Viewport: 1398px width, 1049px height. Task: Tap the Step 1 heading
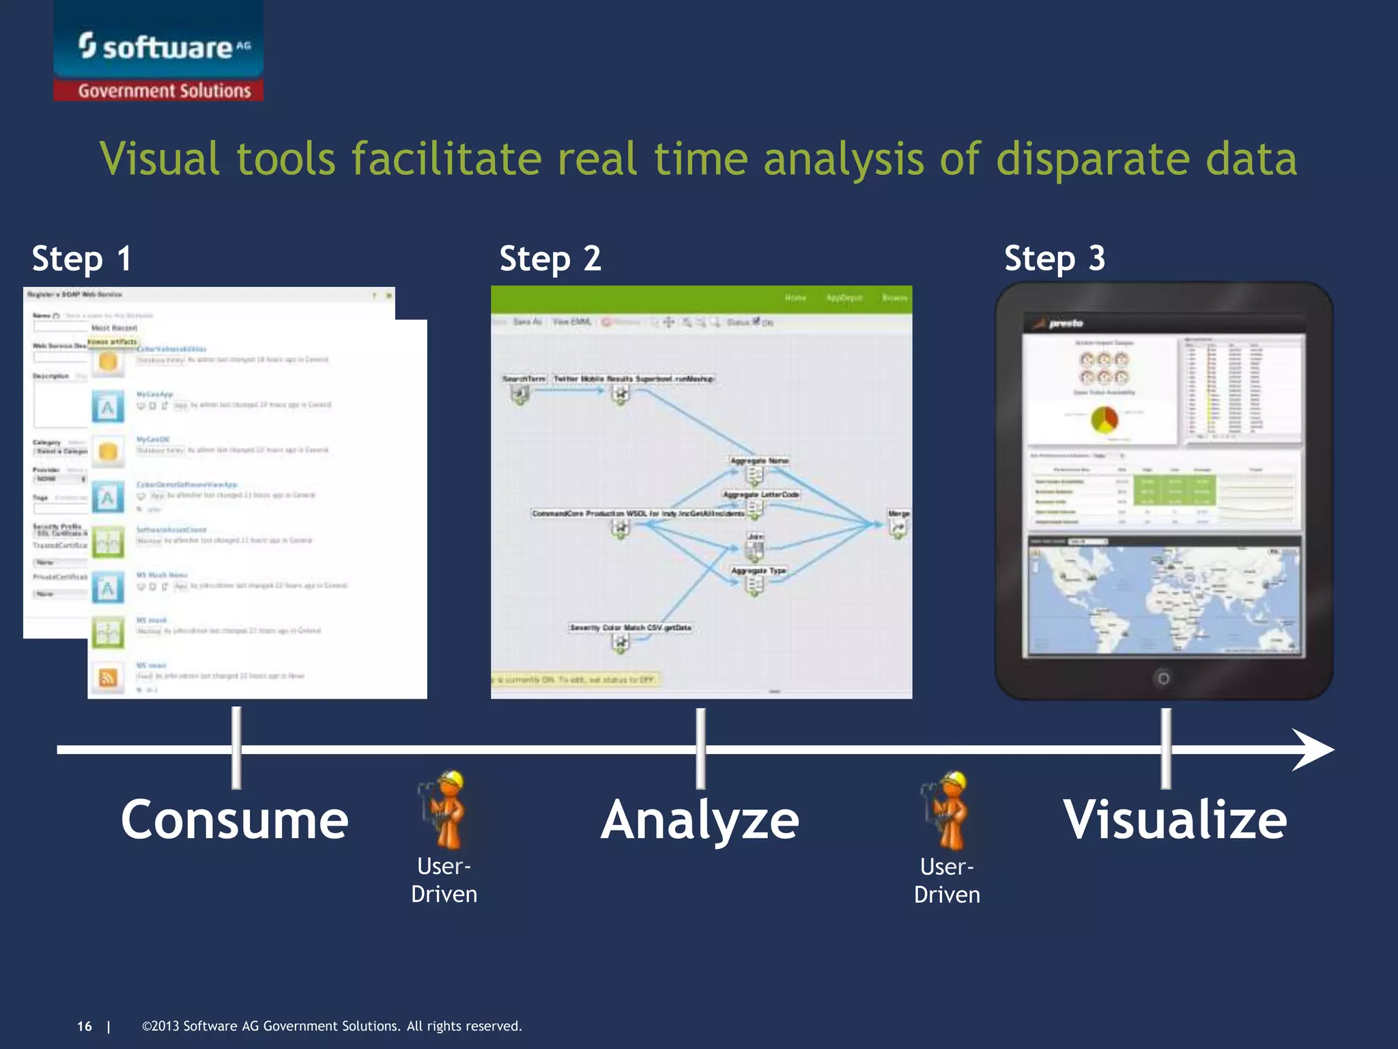click(x=81, y=259)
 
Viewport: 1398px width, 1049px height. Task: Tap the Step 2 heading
click(x=550, y=259)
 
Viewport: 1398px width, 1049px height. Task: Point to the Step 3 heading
click(x=1055, y=259)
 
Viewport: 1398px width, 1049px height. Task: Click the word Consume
click(x=234, y=820)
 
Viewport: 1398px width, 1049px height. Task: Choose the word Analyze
click(x=700, y=820)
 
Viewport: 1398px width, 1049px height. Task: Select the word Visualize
click(x=1175, y=820)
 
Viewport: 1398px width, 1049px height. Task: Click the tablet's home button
click(x=1163, y=678)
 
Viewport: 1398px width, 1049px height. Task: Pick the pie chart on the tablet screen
click(x=1104, y=420)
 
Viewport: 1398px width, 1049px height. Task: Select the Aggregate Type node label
click(x=758, y=570)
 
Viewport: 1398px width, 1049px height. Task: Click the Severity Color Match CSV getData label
click(x=630, y=627)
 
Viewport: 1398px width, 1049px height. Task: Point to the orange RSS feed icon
click(x=108, y=677)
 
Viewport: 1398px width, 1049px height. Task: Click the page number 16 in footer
click(x=85, y=1026)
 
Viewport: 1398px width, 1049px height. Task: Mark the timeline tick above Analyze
click(x=700, y=749)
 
